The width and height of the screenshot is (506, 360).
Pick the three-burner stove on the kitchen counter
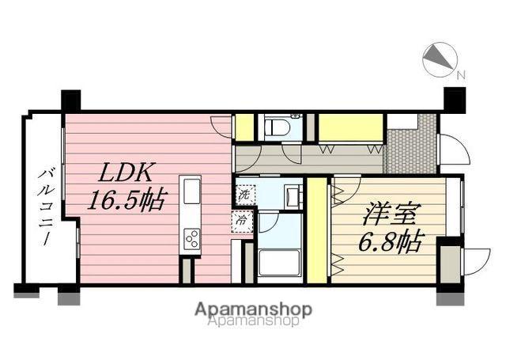tap(192, 237)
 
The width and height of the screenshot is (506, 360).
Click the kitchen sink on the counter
tap(192, 192)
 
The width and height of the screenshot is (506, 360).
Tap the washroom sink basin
tap(291, 195)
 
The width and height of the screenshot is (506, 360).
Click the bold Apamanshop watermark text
tap(252, 309)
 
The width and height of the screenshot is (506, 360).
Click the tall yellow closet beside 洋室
tap(317, 230)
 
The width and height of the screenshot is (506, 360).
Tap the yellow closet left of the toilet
tap(245, 127)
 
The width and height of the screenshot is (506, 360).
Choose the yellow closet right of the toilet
tap(350, 127)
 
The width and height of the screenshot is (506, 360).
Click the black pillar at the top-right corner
tap(454, 100)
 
